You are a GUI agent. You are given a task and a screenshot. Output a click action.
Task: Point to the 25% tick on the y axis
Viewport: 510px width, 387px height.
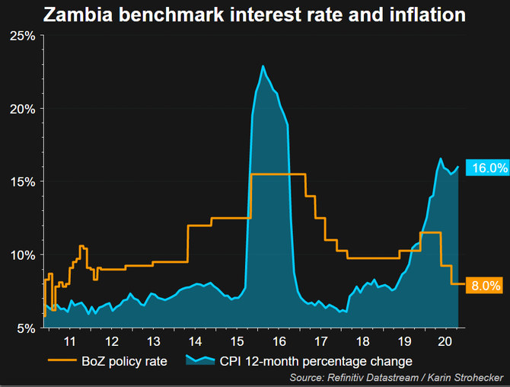(x=22, y=36)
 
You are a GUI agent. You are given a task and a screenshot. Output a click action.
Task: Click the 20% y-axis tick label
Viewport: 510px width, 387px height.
(x=22, y=109)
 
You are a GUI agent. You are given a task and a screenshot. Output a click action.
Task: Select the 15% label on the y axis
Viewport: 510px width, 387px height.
(x=22, y=181)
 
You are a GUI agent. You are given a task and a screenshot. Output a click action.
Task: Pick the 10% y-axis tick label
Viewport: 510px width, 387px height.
(x=22, y=254)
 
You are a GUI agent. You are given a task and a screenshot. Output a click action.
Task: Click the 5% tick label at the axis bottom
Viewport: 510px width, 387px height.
(x=25, y=328)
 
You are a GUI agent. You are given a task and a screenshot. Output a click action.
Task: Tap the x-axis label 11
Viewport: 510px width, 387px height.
(x=69, y=341)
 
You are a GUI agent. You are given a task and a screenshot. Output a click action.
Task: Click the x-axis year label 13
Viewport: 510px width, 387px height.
(x=153, y=341)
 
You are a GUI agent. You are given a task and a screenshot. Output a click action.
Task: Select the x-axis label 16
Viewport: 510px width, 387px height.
(x=279, y=341)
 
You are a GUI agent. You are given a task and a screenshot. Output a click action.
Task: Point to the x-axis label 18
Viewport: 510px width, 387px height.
(x=362, y=341)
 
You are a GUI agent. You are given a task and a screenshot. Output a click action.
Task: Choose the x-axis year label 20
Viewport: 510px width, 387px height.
(x=445, y=341)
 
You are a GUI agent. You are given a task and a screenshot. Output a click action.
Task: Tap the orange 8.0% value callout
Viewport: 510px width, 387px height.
(x=485, y=286)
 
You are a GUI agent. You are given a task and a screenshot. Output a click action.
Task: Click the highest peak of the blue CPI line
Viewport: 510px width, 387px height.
(x=263, y=66)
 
